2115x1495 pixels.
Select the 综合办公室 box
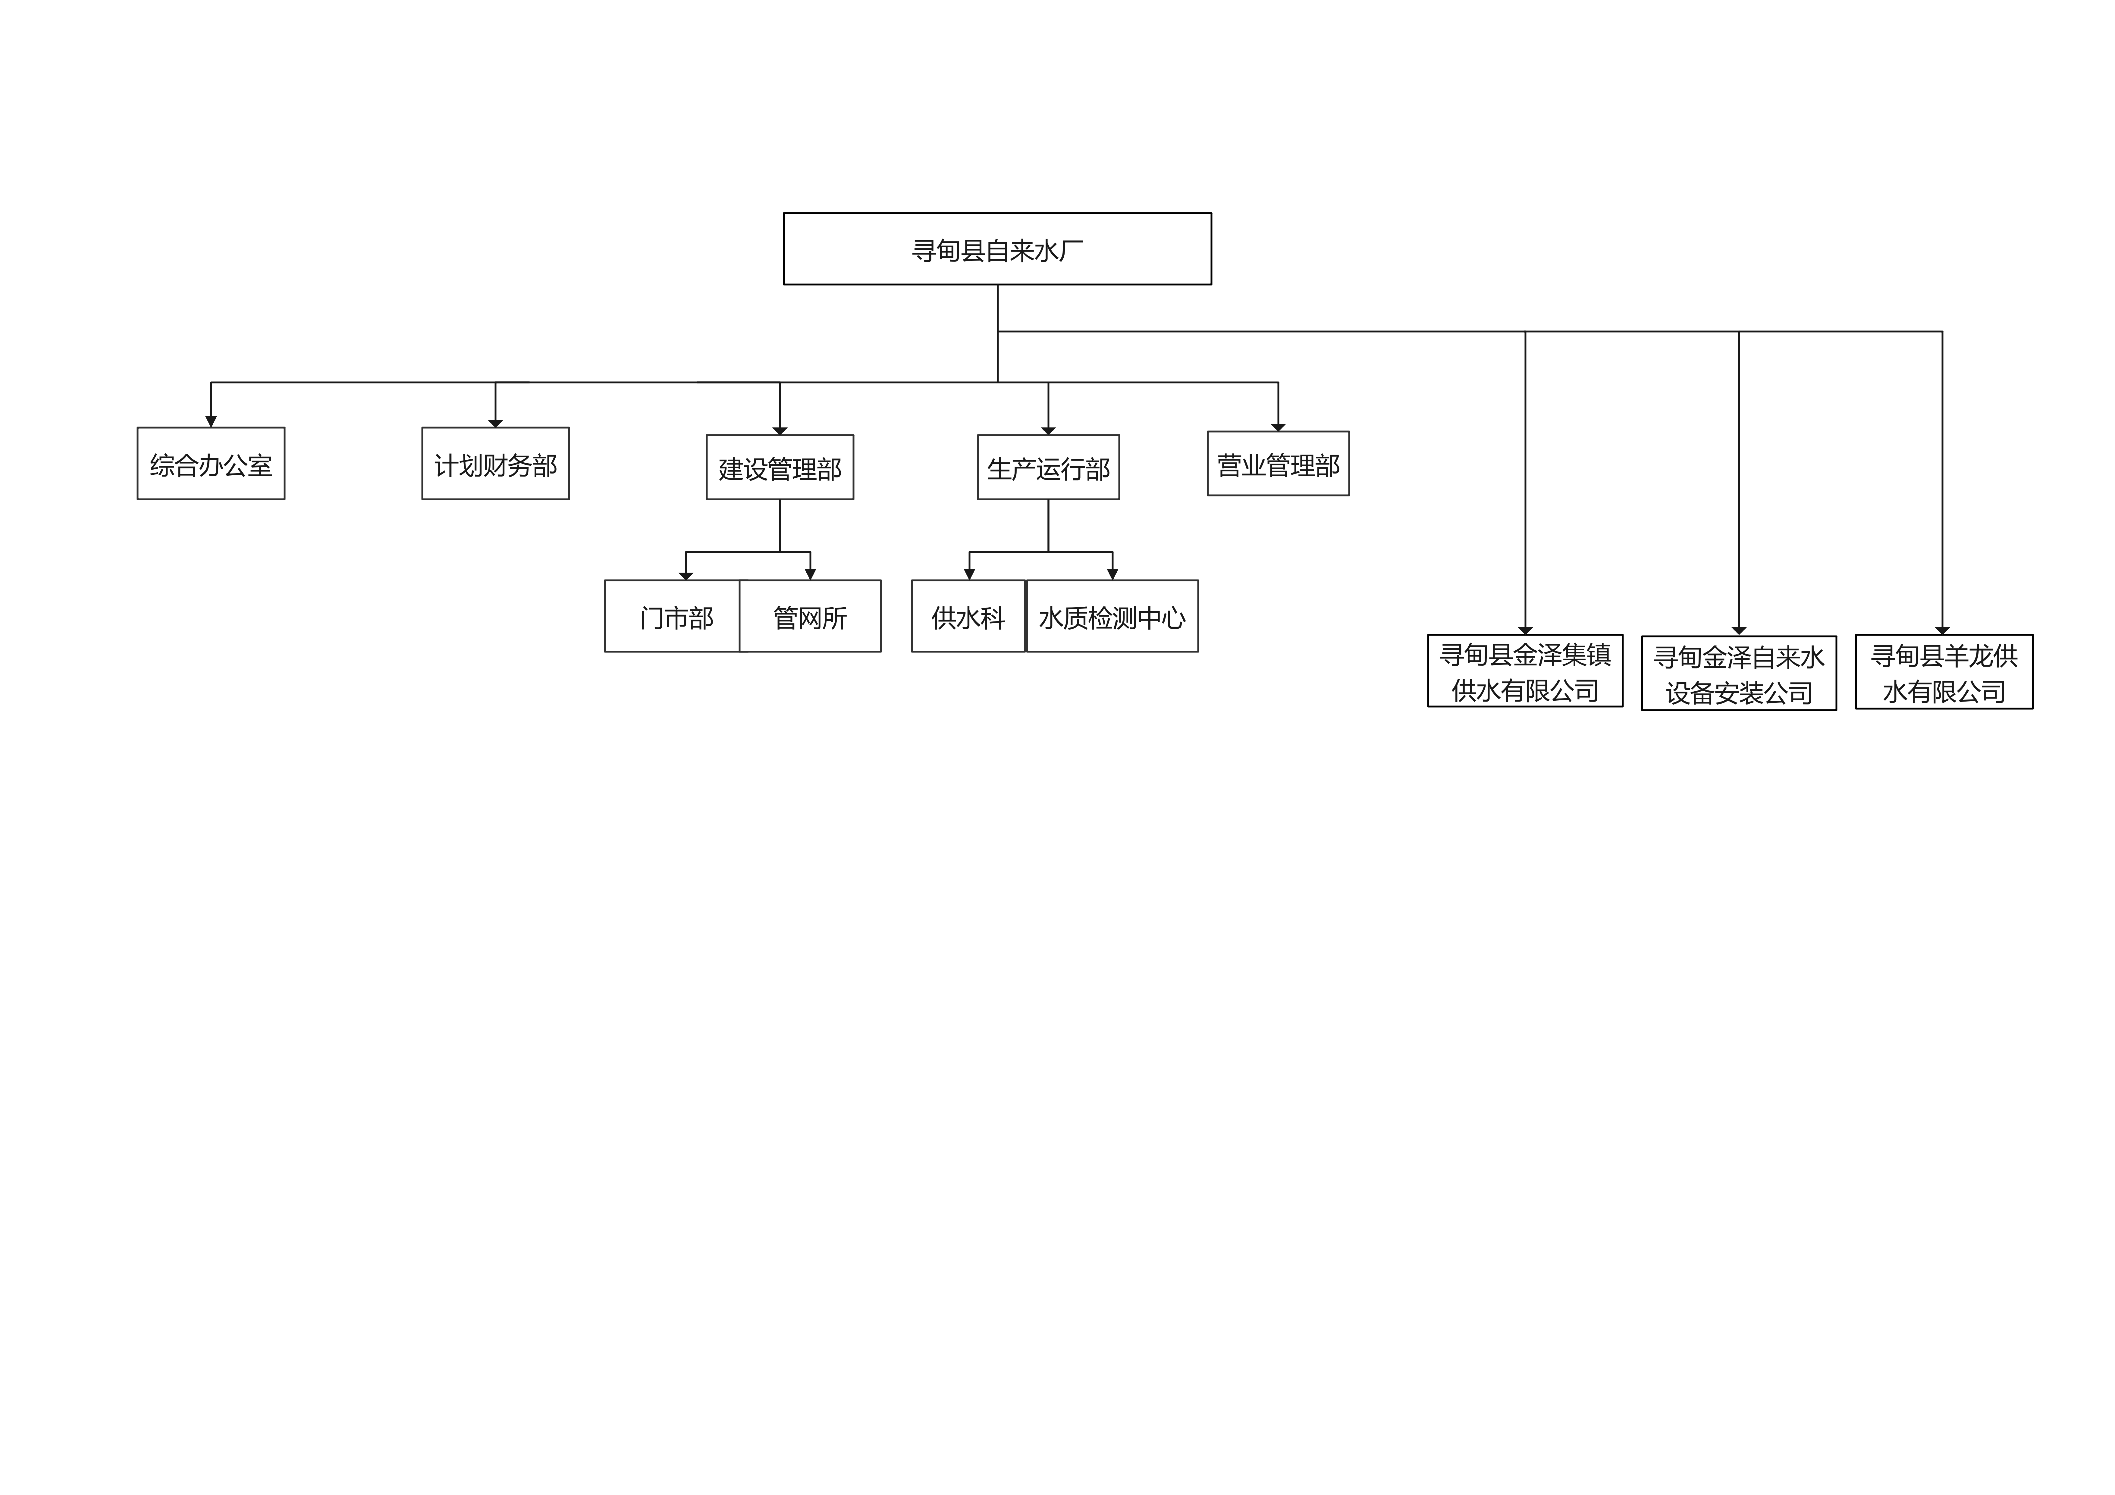click(x=211, y=463)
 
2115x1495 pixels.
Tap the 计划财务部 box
click(x=496, y=463)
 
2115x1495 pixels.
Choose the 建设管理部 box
click(x=780, y=467)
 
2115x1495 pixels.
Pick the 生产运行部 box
click(x=1048, y=467)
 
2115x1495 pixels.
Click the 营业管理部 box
click(x=1279, y=463)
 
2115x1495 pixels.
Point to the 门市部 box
click(x=673, y=616)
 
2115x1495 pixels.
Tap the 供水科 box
click(x=968, y=616)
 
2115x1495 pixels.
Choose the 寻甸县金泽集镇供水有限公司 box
click(x=1525, y=671)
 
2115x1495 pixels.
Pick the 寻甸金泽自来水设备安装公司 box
click(x=1739, y=673)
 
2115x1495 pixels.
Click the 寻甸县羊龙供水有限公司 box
click(x=1944, y=671)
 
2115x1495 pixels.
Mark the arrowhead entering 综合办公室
click(x=211, y=422)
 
